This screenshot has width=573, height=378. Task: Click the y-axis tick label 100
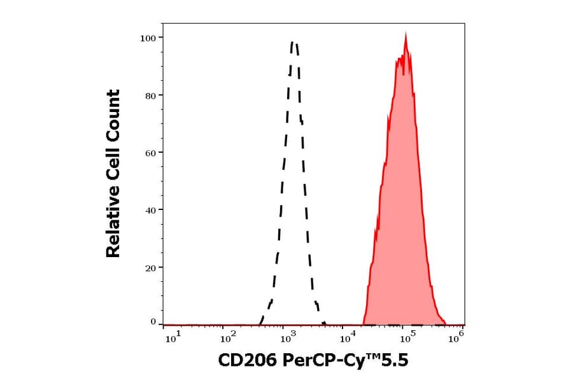[x=147, y=38]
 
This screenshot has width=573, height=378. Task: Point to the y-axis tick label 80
[x=149, y=95]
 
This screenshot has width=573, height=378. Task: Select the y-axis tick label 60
[x=149, y=153]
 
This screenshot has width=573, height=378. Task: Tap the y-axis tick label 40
[x=149, y=210]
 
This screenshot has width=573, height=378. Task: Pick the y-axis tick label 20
[x=149, y=267]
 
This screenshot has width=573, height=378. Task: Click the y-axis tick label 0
[x=153, y=322]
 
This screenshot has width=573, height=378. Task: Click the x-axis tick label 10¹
[x=172, y=338]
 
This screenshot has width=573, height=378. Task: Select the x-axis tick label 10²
[x=229, y=338]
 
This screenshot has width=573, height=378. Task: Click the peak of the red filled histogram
[x=406, y=35]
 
